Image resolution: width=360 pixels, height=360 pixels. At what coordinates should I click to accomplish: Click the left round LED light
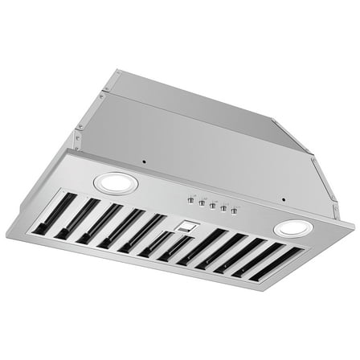(x=116, y=183)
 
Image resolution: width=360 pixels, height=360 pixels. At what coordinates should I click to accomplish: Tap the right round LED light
(x=292, y=229)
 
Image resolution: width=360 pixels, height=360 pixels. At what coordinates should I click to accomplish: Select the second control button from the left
(x=201, y=202)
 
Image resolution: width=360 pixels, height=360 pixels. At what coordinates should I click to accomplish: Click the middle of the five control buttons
(x=212, y=205)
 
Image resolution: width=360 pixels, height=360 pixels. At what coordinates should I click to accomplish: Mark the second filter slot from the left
(x=75, y=218)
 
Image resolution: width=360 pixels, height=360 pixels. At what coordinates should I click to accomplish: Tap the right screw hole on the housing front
(x=283, y=200)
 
